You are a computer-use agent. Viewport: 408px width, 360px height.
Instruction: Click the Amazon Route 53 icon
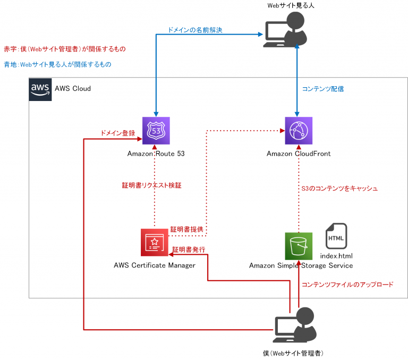[x=155, y=131]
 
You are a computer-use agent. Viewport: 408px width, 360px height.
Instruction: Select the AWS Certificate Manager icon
[x=155, y=242]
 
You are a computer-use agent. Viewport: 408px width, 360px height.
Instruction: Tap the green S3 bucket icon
[x=299, y=246]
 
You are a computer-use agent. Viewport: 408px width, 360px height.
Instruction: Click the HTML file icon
[x=336, y=237]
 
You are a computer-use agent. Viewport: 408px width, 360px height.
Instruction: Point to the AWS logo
[x=40, y=89]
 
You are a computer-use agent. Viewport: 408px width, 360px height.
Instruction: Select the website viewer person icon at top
[x=286, y=30]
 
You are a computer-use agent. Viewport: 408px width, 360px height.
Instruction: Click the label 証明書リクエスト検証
[x=154, y=186]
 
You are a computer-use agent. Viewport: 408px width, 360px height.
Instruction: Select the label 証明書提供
[x=187, y=229]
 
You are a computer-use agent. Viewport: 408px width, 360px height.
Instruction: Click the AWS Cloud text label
[x=73, y=88]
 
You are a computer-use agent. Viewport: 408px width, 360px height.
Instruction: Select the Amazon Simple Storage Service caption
[x=301, y=265]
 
